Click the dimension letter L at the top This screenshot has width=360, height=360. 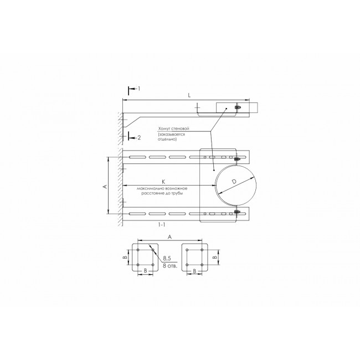pyautogui.click(x=189, y=95)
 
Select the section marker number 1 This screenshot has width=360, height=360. pyautogui.click(x=138, y=89)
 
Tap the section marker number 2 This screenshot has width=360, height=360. pyautogui.click(x=139, y=138)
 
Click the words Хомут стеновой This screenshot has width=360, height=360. pyautogui.click(x=173, y=128)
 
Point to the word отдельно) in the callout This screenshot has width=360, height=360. pyautogui.click(x=167, y=139)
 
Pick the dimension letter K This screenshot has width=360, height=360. pyautogui.click(x=163, y=182)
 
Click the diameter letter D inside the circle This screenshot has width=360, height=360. pyautogui.click(x=234, y=182)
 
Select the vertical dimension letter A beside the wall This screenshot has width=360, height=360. pyautogui.click(x=105, y=187)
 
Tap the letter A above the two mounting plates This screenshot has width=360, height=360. pyautogui.click(x=169, y=237)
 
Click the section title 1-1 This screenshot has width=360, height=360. pyautogui.click(x=162, y=225)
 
